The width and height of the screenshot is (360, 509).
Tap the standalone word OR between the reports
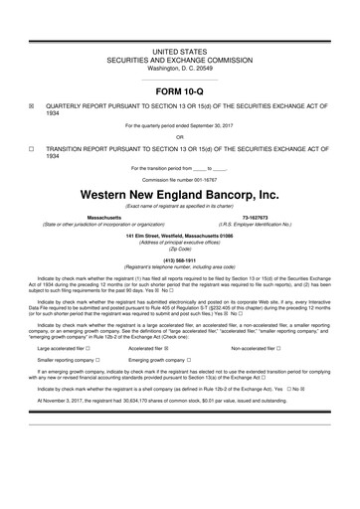[x=180, y=137]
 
